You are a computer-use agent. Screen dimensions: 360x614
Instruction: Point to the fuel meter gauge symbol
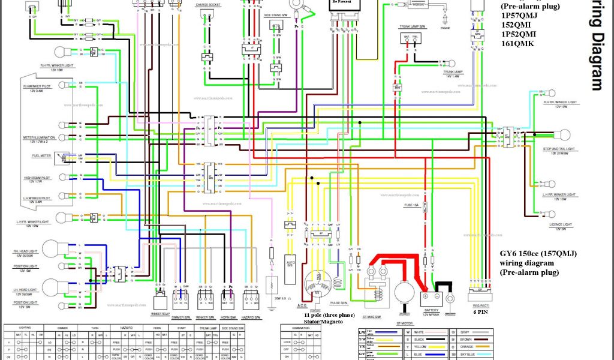pyautogui.click(x=61, y=158)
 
